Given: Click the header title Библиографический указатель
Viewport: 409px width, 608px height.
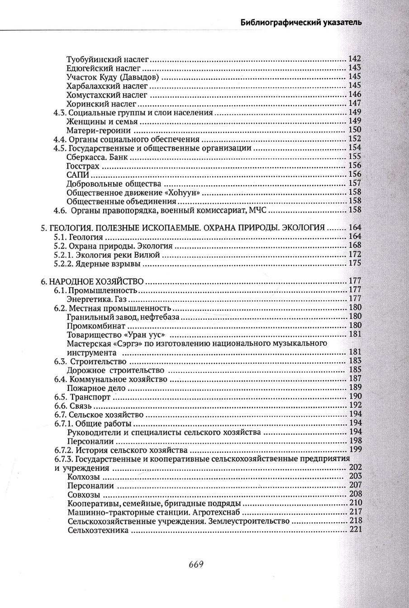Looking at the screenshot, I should click(x=300, y=22).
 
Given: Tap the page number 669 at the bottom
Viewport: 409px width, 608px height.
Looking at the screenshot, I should click(x=195, y=564).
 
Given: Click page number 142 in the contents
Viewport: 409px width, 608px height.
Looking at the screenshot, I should click(x=355, y=59).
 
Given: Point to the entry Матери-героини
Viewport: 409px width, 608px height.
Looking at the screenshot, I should click(x=95, y=130).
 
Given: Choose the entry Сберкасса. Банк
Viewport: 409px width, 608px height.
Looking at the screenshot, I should click(x=97, y=157).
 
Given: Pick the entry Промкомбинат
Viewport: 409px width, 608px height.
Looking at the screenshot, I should click(x=96, y=326).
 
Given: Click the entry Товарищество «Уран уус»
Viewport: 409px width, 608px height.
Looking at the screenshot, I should click(x=115, y=335).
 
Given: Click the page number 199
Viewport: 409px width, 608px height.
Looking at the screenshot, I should click(x=355, y=450).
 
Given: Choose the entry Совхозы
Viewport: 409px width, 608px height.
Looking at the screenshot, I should click(x=84, y=494).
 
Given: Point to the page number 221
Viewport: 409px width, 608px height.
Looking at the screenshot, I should click(x=356, y=530).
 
